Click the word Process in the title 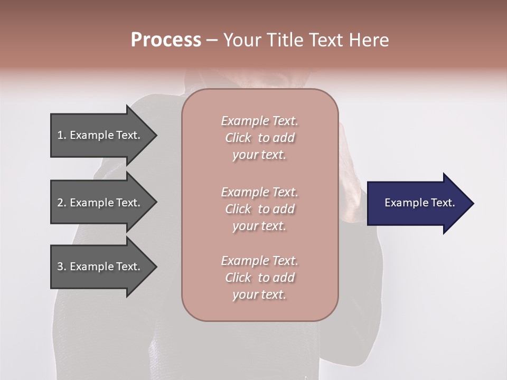coord(166,40)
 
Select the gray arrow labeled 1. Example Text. coord(100,135)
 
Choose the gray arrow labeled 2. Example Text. coord(100,203)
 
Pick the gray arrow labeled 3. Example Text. coord(100,267)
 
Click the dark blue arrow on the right coord(417,203)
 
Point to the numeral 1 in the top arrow coord(60,135)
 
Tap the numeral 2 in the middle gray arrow coord(60,203)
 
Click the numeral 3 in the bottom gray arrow coord(60,267)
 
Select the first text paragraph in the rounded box coord(259,138)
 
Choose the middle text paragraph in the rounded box coord(259,209)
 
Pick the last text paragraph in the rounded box coord(259,278)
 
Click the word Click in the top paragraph coord(238,138)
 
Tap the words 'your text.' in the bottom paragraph coord(259,294)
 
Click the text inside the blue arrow coord(419,203)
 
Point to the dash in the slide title coord(212,40)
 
